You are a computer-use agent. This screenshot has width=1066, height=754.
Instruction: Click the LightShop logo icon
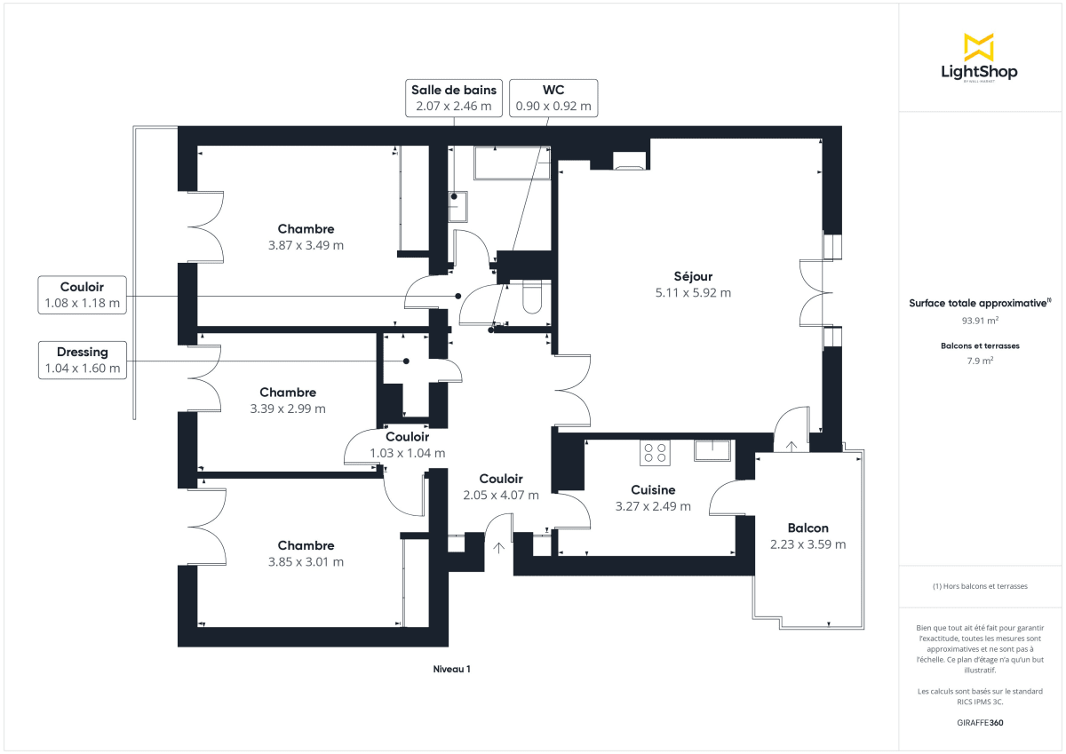pos(979,47)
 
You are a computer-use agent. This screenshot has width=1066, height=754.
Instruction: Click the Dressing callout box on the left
pos(83,361)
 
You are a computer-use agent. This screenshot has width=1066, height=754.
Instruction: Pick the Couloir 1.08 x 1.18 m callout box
pos(82,296)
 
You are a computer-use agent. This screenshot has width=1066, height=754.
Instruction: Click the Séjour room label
pos(693,276)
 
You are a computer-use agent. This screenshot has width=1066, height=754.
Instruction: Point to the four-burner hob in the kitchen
pos(656,453)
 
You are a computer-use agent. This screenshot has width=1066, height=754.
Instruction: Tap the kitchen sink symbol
pos(712,450)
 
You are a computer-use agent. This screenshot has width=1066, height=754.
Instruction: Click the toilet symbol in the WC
pos(532,298)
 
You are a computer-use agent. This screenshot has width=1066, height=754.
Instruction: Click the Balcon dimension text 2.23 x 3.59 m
pos(807,544)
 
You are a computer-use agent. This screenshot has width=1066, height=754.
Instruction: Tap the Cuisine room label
pos(653,489)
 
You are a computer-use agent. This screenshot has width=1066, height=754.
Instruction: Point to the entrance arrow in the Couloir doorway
pos(499,548)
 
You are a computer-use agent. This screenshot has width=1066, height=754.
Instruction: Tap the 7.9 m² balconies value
pos(979,361)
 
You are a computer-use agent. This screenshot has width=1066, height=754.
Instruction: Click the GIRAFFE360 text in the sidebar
pos(979,723)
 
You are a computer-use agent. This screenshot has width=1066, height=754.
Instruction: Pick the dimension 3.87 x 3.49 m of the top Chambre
pos(306,245)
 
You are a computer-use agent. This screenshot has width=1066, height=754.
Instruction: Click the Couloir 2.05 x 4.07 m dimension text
pos(500,496)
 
